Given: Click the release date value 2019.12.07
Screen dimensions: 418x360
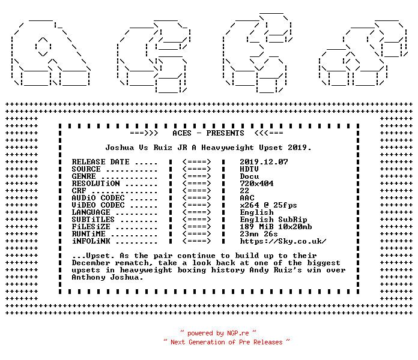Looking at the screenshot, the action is coord(264,162).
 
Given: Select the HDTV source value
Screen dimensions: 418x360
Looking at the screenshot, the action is coord(249,169).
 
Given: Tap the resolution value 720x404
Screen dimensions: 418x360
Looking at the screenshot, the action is coord(256,184).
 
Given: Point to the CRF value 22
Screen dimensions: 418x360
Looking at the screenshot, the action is coord(244,191).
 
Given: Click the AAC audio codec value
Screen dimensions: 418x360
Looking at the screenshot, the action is coord(247,198).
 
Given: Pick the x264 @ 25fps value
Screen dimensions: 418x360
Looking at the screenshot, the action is coord(268,205).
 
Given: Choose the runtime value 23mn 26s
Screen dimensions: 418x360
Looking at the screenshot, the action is coord(259,234).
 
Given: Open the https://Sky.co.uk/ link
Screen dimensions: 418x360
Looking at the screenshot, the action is coord(283,241).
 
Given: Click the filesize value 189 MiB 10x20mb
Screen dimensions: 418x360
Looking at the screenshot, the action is coord(276,227).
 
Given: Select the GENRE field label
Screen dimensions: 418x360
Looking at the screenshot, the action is coord(83,176).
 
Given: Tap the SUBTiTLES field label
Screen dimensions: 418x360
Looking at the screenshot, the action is coord(93,220).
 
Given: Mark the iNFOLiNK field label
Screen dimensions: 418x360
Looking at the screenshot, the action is coord(91,241).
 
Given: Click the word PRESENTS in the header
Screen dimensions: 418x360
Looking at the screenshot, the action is coord(225,133).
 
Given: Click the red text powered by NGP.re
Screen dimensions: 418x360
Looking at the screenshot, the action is coord(218,333).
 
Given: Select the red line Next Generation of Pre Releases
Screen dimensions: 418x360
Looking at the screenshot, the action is coord(226,342).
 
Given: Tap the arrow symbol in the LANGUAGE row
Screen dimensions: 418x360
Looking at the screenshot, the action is coord(196,212).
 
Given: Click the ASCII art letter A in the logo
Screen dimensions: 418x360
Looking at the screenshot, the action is coord(50,53).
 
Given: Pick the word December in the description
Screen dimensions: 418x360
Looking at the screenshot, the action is coord(91,263).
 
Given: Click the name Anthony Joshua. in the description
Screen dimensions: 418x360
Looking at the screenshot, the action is coord(108,277).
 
